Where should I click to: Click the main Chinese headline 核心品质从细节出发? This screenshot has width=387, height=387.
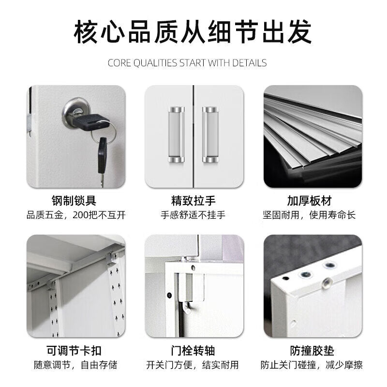(193, 32)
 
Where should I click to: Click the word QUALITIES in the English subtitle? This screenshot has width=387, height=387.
(155, 63)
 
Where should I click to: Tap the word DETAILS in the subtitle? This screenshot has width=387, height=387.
(249, 63)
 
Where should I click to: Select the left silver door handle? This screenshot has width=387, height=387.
(176, 134)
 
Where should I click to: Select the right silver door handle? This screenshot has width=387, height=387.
(210, 134)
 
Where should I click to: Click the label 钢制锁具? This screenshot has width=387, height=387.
(74, 200)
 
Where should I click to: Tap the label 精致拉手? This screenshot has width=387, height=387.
(193, 200)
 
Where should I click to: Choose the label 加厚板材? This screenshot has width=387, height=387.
(309, 200)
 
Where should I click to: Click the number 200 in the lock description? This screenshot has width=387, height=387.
(80, 215)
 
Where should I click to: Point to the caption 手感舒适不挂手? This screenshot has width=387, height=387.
(193, 215)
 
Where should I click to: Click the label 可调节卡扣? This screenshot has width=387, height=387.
(74, 350)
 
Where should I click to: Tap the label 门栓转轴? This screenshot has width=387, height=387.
(193, 350)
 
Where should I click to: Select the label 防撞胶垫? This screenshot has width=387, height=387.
(312, 350)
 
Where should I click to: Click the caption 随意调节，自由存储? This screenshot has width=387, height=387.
(75, 365)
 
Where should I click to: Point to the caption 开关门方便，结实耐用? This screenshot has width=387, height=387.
(192, 365)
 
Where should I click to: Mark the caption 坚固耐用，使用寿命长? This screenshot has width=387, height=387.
(309, 215)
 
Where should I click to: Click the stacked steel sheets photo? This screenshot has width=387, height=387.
(313, 136)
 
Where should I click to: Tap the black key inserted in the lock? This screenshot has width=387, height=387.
(90, 122)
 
